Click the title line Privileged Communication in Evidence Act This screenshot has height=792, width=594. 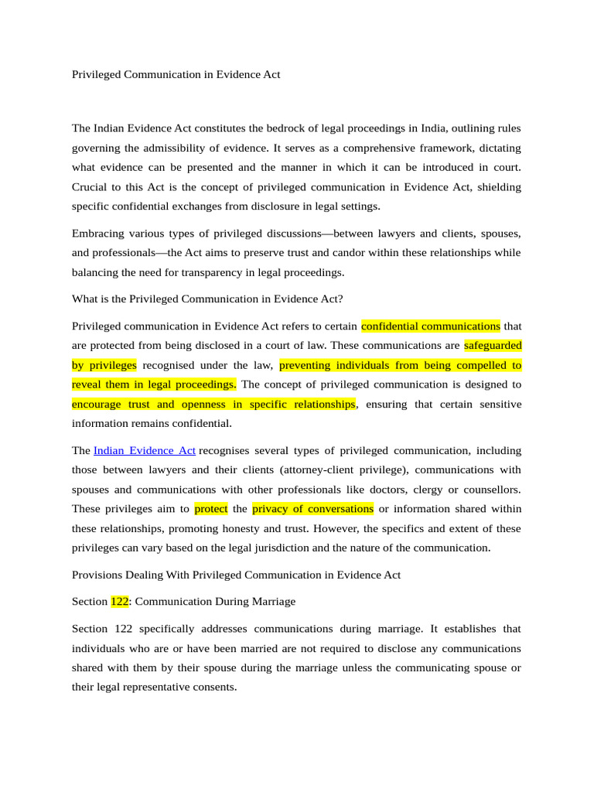coord(176,75)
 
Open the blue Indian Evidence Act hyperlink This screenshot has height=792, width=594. coord(145,450)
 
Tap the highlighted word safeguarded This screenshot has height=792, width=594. coord(493,345)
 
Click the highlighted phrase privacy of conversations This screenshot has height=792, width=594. coord(312,509)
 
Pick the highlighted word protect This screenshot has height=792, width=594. coord(210,509)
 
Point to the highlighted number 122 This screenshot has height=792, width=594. coord(120,601)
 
